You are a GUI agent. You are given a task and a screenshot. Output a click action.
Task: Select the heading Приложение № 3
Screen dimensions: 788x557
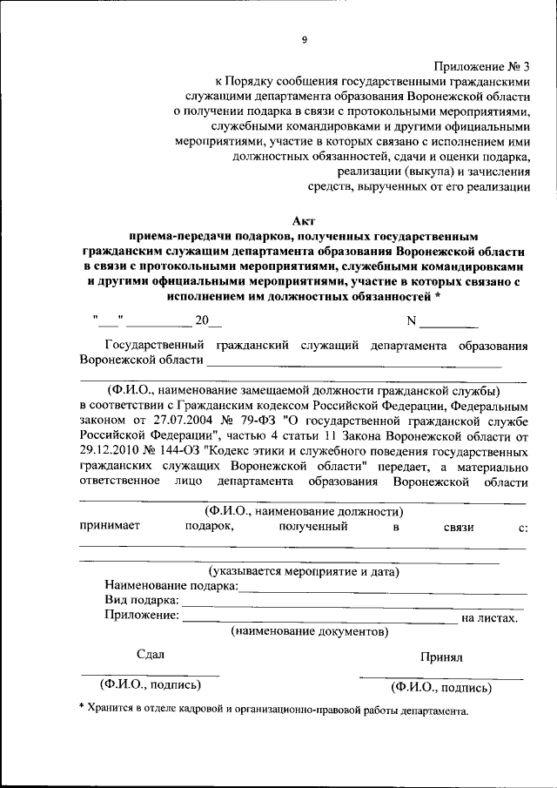481,65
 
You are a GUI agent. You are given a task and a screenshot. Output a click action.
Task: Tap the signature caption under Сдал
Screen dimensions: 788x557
150,684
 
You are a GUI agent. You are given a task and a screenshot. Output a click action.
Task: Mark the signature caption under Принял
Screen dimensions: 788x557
441,687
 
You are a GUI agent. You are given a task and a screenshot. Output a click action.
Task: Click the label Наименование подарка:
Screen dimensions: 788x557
171,587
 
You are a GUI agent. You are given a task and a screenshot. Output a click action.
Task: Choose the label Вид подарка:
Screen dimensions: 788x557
142,601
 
